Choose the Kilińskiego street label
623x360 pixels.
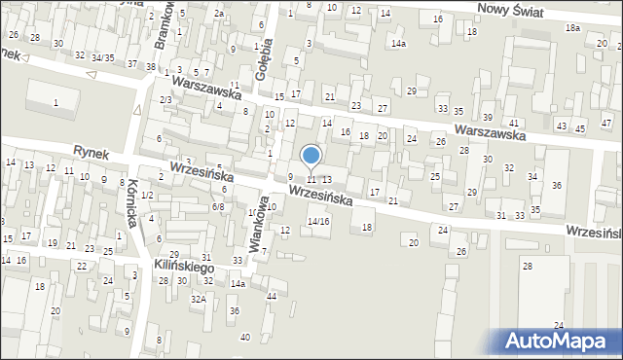point(183,265)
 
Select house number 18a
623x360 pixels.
point(572,28)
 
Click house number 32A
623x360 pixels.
point(198,300)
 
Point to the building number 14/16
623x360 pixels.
point(318,221)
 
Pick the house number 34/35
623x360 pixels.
point(103,58)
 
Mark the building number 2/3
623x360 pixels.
point(166,100)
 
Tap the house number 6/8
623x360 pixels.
point(219,206)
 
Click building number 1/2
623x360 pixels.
point(147,196)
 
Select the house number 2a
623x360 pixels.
point(219,14)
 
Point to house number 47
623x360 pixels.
point(607,124)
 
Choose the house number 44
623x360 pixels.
point(272,296)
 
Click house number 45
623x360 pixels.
point(580,128)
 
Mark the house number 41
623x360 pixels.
point(513,123)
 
